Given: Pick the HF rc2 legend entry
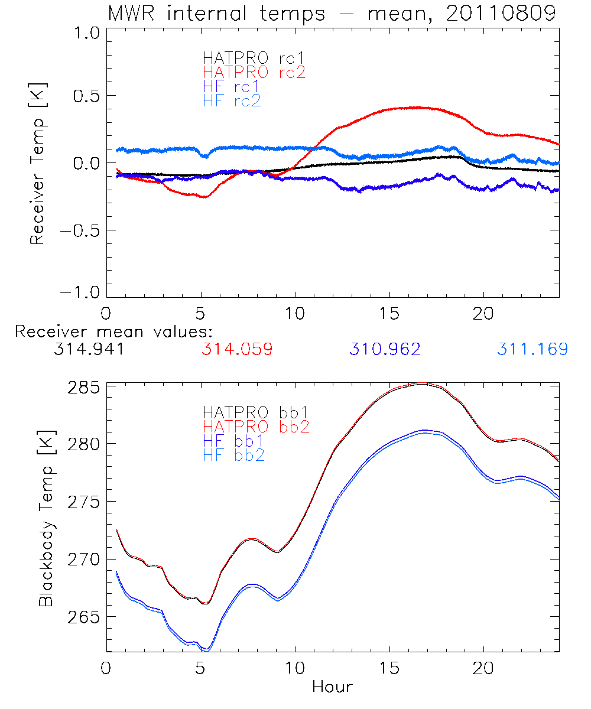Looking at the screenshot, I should click(x=232, y=100).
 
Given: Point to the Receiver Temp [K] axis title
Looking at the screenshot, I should click(x=38, y=163).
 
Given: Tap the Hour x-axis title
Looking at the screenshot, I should click(x=332, y=687).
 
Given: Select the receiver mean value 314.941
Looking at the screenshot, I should click(x=89, y=349).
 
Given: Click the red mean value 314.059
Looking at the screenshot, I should click(x=237, y=349).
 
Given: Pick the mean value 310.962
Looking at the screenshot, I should click(x=385, y=349).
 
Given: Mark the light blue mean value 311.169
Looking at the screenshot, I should click(x=532, y=349).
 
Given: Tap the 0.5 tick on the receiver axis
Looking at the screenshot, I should click(x=86, y=96).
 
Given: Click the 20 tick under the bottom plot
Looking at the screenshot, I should click(x=483, y=669).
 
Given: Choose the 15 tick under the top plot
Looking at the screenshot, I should click(x=389, y=311).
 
